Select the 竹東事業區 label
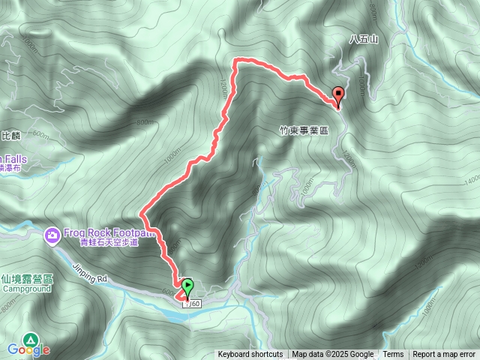pos(304,130)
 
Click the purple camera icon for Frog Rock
pos(52,235)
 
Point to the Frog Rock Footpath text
pos(109,232)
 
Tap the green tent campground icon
pos(30,339)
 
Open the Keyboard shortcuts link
pos(250,355)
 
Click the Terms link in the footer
pos(393,355)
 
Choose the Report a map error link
pos(445,355)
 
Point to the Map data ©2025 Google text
pos(333,355)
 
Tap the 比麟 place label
pos(10,136)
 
